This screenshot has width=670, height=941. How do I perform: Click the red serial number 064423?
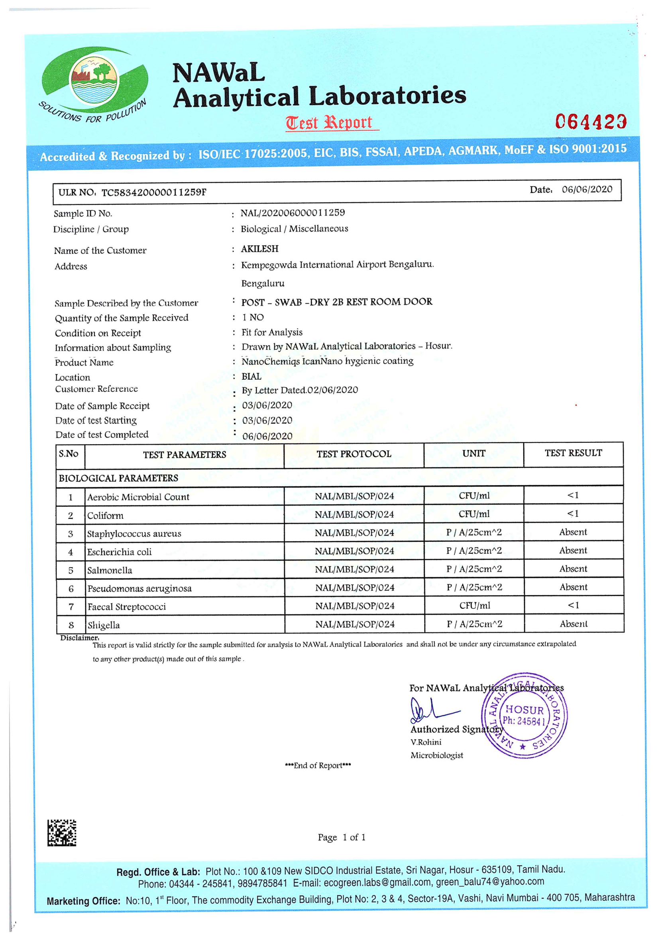pyautogui.click(x=590, y=122)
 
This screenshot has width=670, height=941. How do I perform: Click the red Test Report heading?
pyautogui.click(x=330, y=122)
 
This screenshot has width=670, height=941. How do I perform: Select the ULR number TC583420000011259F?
pyautogui.click(x=153, y=192)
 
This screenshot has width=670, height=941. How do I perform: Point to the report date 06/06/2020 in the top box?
pyautogui.click(x=587, y=189)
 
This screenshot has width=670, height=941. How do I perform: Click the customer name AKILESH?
pyautogui.click(x=259, y=249)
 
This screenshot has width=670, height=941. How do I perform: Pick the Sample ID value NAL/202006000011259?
pyautogui.click(x=293, y=213)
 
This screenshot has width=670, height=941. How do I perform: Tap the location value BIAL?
pyautogui.click(x=251, y=376)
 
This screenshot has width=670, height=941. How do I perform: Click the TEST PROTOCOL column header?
pyautogui.click(x=354, y=454)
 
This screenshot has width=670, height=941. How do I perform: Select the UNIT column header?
pyautogui.click(x=474, y=454)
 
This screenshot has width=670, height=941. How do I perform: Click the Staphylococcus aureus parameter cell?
pyautogui.click(x=134, y=533)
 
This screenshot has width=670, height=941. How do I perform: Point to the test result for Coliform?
pyautogui.click(x=573, y=514)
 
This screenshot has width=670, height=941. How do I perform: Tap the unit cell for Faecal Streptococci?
pyautogui.click(x=474, y=606)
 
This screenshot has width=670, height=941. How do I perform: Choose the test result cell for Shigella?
pyautogui.click(x=574, y=624)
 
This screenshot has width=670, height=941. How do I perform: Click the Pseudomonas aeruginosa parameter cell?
pyautogui.click(x=140, y=588)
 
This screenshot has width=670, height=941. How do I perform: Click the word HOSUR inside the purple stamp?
pyautogui.click(x=525, y=710)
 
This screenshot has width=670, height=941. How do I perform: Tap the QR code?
pyautogui.click(x=62, y=833)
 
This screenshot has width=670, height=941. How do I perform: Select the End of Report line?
pyautogui.click(x=318, y=766)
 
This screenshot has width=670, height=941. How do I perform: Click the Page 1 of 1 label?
pyautogui.click(x=342, y=837)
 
